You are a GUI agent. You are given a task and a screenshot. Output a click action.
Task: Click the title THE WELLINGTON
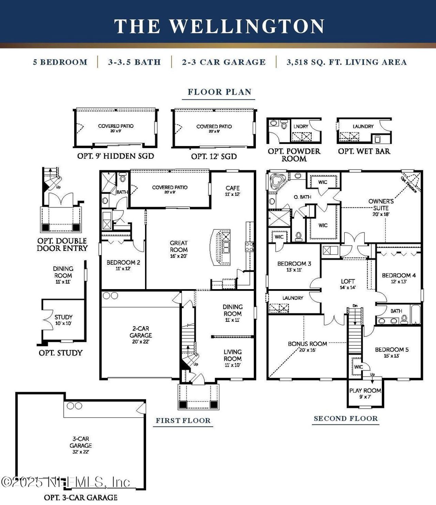tap(219, 26)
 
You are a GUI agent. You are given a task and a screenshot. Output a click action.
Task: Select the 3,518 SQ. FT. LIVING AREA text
tap(346, 62)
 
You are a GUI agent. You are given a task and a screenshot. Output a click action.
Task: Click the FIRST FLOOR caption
tap(183, 421)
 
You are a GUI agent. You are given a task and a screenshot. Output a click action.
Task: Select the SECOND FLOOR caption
tap(346, 419)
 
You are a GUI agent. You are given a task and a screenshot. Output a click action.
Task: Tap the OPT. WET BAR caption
tap(364, 151)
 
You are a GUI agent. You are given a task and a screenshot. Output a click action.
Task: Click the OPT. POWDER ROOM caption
tap(294, 155)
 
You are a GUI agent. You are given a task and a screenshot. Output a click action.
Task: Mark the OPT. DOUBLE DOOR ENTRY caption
tap(62, 244)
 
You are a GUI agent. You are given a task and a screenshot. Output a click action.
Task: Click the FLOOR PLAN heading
tap(219, 92)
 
